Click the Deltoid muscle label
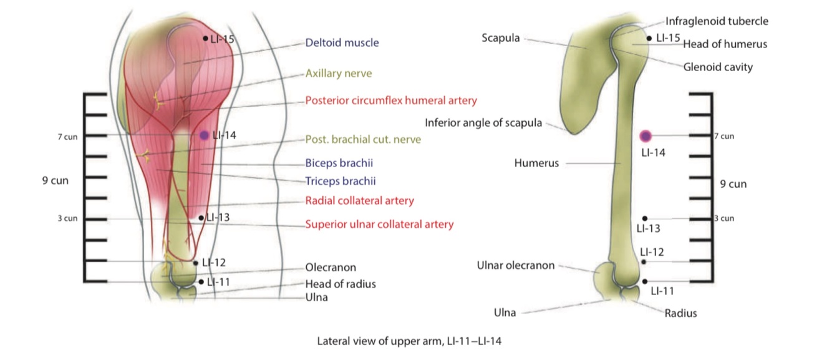342,43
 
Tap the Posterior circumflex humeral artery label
391,100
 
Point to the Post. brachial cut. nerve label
363,139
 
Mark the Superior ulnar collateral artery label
379,224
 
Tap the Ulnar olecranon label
515,265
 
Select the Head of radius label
341,284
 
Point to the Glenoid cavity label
718,67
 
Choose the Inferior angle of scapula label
483,122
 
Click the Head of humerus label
725,44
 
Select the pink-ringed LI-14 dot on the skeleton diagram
645,135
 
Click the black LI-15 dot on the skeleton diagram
650,38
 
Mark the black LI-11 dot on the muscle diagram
201,282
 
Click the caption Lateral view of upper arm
409,341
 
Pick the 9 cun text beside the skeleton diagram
733,184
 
